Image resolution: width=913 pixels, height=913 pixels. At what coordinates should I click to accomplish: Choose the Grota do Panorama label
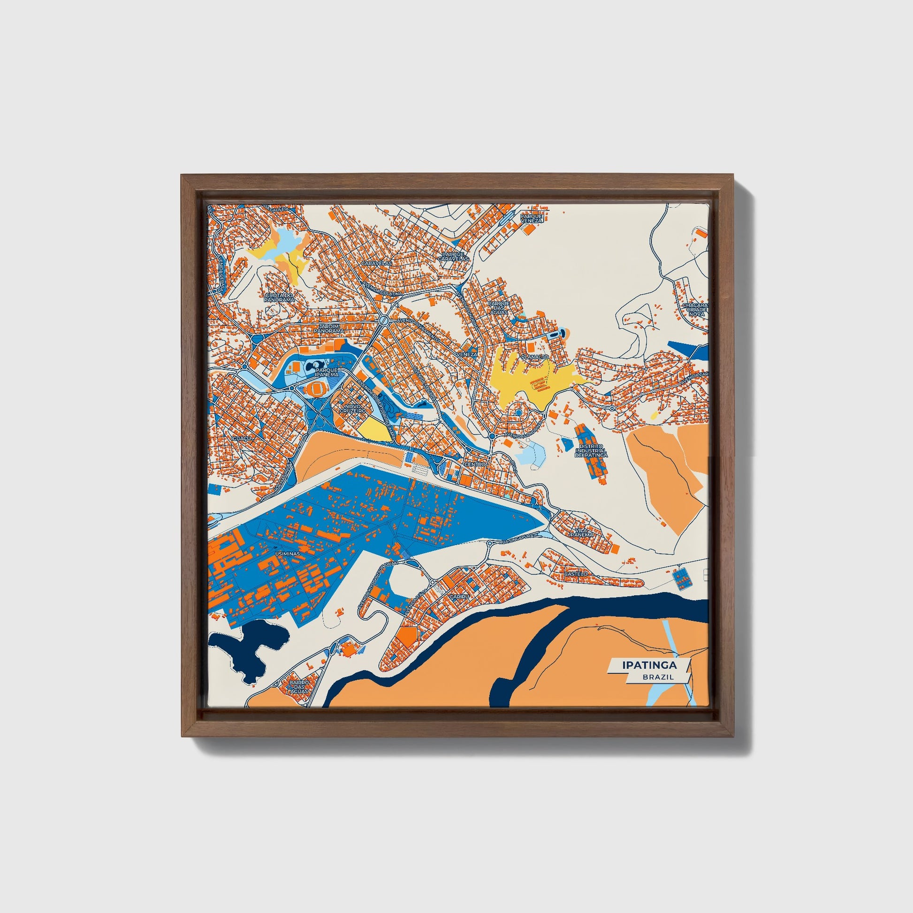tap(279, 297)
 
